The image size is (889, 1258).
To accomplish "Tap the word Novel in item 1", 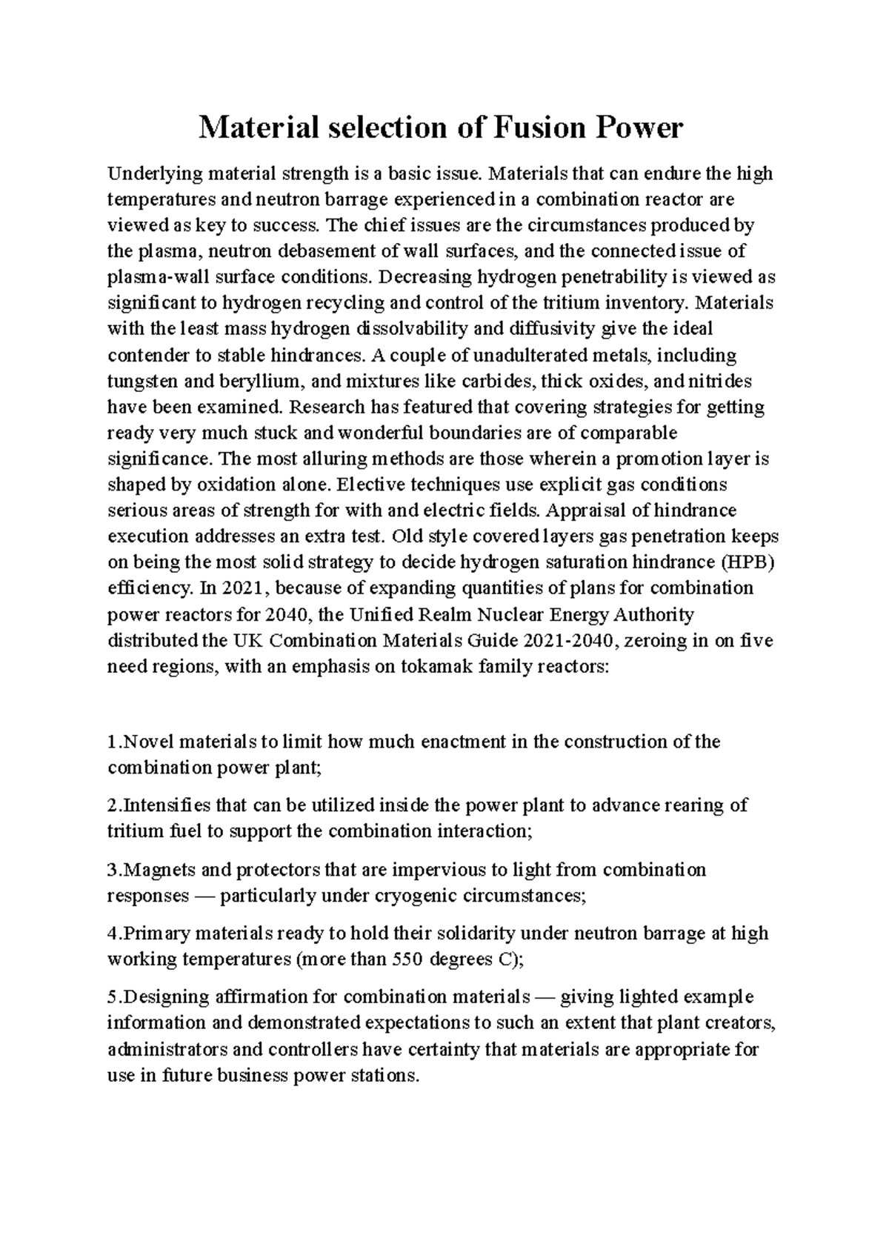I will pos(144,742).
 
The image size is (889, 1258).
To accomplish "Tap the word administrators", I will pos(164,1049).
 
